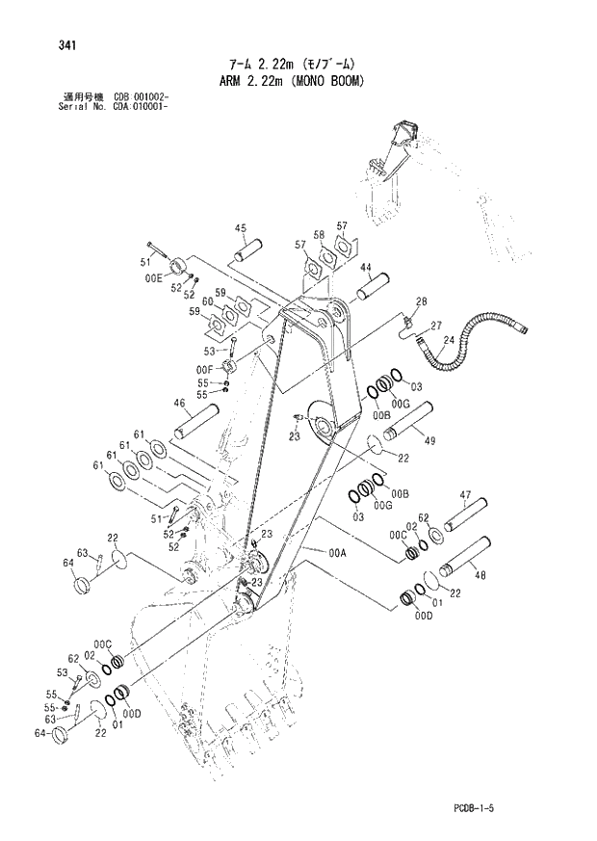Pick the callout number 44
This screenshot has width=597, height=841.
(x=367, y=268)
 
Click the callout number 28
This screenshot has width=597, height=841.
(x=421, y=302)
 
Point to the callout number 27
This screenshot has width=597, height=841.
(x=435, y=325)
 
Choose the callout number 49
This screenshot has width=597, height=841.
(x=429, y=441)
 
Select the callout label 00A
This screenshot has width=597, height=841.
(x=337, y=553)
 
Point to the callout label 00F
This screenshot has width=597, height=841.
(x=203, y=368)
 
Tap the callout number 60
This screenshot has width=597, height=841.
(x=207, y=302)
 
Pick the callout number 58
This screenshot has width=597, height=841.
(x=318, y=234)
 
